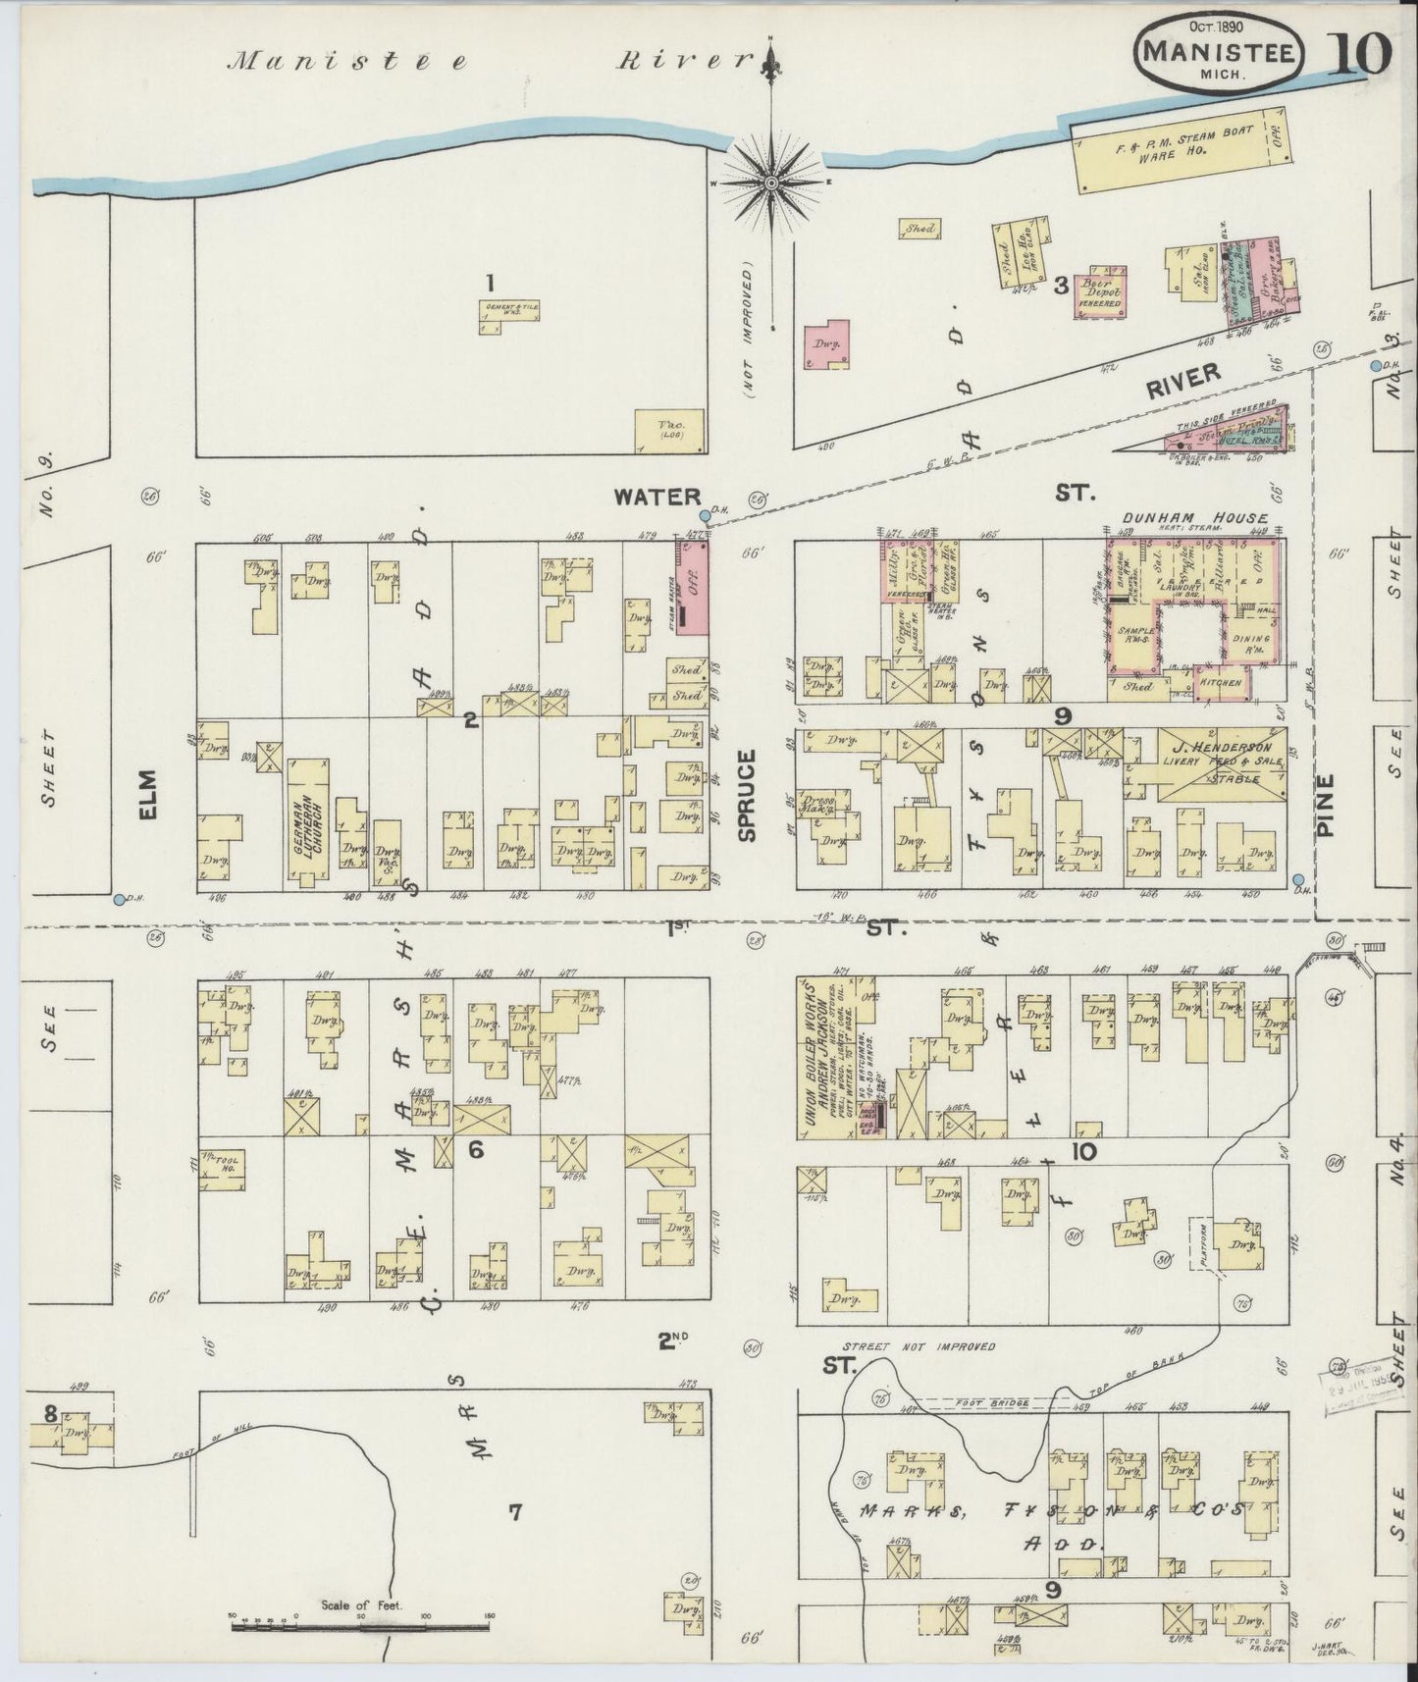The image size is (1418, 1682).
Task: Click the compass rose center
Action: pos(771,183)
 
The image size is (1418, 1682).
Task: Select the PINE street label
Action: pos(1326,806)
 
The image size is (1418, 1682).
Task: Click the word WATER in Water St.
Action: pos(656,498)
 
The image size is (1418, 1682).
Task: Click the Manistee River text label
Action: pos(491,62)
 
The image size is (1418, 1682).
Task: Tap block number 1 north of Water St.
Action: pos(488,284)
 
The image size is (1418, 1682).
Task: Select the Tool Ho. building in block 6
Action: pos(223,1169)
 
